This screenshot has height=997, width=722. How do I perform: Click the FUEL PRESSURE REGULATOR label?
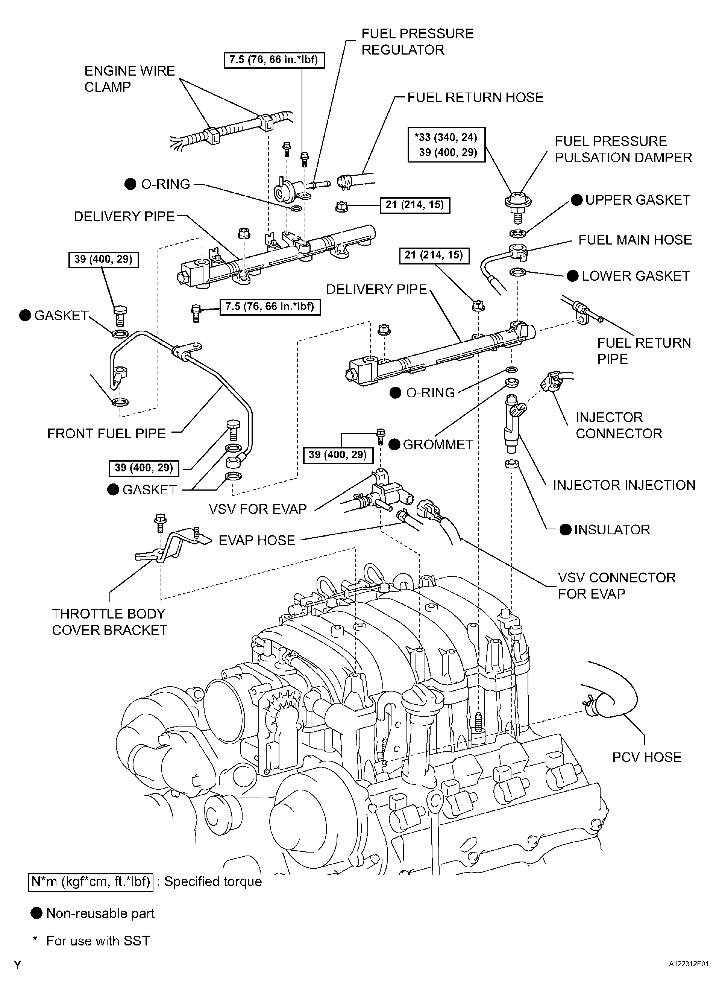pos(417,41)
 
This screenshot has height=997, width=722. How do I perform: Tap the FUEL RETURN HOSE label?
pos(475,97)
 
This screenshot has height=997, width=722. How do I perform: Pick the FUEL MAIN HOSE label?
pos(635,240)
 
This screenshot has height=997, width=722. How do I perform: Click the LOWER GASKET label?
pos(636,276)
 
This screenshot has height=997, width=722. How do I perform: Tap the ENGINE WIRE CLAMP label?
pos(130,79)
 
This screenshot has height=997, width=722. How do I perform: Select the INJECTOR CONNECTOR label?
pos(619,425)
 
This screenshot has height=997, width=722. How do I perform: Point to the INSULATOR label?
pos(612,530)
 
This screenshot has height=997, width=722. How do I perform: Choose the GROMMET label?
pos(438,444)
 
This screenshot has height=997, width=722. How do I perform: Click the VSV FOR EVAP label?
pos(258,509)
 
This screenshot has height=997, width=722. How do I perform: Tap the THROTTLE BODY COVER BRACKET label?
pos(109,622)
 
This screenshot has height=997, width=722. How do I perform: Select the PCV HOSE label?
pos(647,757)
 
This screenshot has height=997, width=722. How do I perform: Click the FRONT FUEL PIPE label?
pos(106,433)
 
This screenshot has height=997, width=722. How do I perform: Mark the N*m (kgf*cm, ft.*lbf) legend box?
pos(91,881)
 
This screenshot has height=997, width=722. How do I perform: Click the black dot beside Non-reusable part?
pos(36,913)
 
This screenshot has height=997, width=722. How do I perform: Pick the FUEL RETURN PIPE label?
pos(644,351)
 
